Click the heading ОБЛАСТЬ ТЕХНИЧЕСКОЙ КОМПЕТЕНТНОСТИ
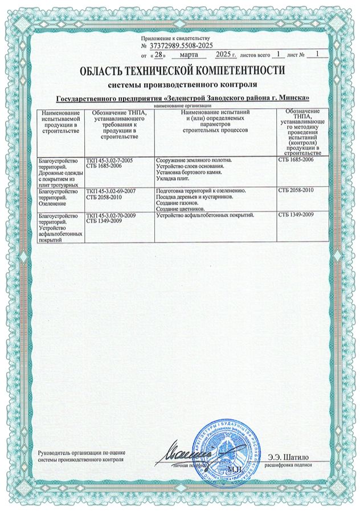coord(182,71)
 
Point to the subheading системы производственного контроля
coord(182,84)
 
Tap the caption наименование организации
coord(182,106)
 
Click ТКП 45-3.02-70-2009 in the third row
coord(112,215)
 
